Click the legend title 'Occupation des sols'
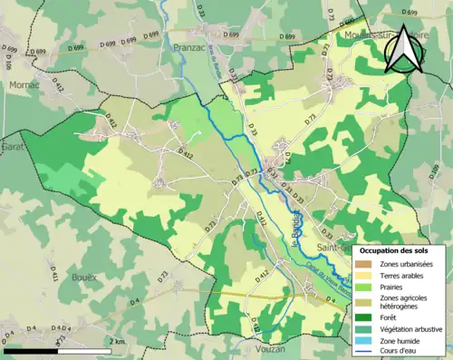(400, 249)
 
